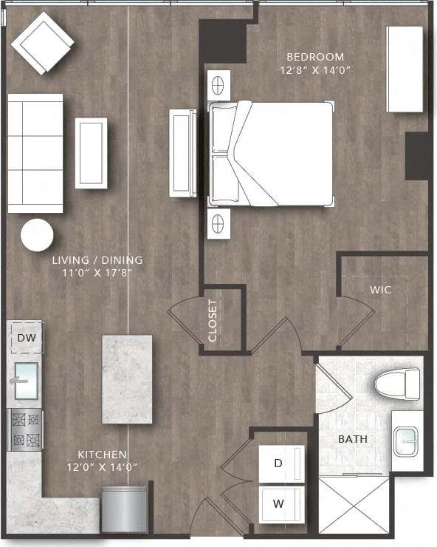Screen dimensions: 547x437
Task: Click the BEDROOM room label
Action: click(x=315, y=57)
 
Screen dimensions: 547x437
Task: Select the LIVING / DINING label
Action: click(x=97, y=260)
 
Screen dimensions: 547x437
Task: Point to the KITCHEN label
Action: click(x=103, y=455)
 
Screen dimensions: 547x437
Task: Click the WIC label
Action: click(x=380, y=290)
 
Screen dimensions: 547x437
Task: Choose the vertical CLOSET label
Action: click(x=213, y=320)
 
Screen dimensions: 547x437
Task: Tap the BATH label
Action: click(x=353, y=439)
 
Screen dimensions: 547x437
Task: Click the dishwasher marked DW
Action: click(x=26, y=339)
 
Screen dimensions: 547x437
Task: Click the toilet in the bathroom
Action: click(x=397, y=383)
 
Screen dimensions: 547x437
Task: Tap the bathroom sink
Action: click(x=407, y=442)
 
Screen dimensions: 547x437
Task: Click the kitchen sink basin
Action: click(x=27, y=381)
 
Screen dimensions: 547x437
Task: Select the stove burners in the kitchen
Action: click(x=26, y=430)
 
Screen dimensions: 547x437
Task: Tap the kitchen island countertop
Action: click(x=127, y=378)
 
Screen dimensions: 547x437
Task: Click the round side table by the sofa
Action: click(x=37, y=236)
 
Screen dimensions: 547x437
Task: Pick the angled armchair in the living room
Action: click(x=42, y=42)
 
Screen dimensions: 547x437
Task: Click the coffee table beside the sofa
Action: click(x=91, y=153)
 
